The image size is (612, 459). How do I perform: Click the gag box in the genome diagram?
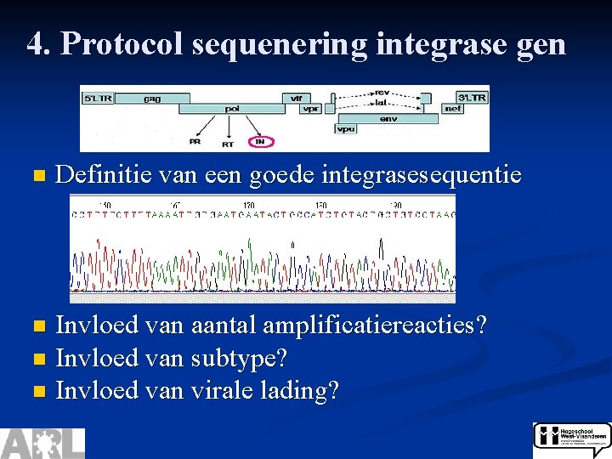click(x=152, y=98)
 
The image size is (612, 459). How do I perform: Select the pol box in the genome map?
click(x=231, y=109)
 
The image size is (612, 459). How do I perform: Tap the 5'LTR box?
click(x=96, y=98)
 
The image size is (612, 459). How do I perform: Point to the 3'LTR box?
click(x=473, y=97)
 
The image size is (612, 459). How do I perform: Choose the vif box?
click(x=296, y=99)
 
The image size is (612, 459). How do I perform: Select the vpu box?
click(x=345, y=129)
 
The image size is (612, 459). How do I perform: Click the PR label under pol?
click(x=195, y=141)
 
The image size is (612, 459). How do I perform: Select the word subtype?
click(x=241, y=358)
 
